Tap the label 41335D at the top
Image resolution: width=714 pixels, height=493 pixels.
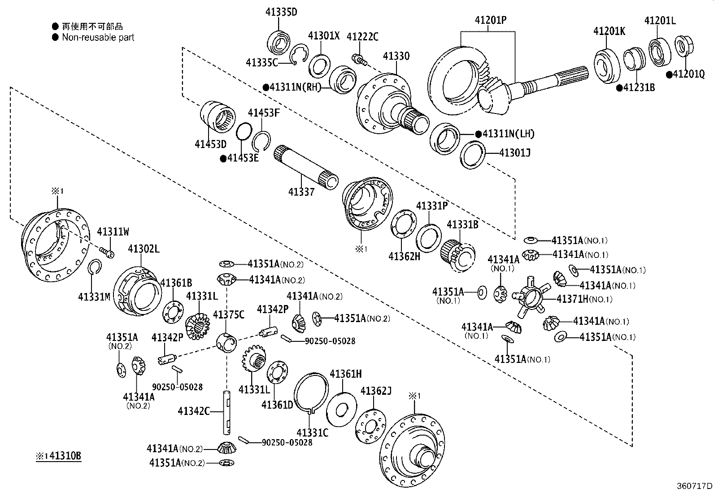(x=280, y=12)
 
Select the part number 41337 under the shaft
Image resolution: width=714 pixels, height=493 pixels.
(x=301, y=192)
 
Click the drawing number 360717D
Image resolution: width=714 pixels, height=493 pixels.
(x=694, y=486)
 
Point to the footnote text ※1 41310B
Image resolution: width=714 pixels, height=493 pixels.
(x=58, y=456)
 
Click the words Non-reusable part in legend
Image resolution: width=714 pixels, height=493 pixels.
(x=98, y=38)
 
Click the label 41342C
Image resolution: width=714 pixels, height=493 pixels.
(x=193, y=411)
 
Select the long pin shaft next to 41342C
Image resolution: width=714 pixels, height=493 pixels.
(x=227, y=412)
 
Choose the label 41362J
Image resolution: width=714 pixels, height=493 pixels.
(x=376, y=391)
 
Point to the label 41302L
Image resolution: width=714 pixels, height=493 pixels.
(x=144, y=249)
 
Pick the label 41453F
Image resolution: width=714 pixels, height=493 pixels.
(x=264, y=113)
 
